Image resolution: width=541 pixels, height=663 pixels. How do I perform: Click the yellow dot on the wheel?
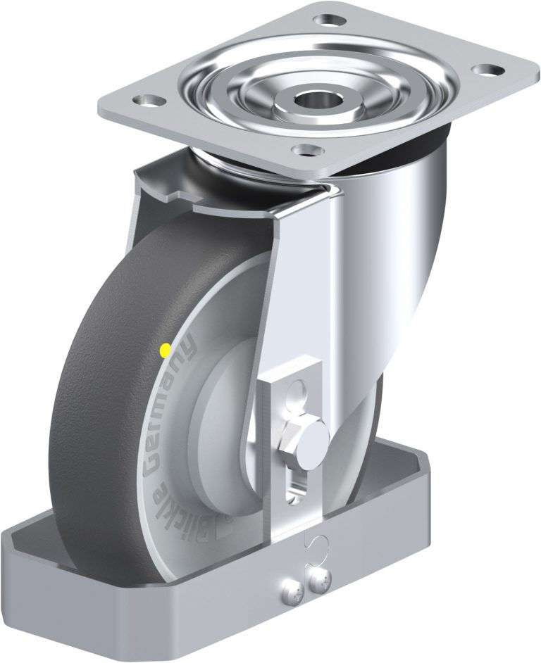[x=165, y=348]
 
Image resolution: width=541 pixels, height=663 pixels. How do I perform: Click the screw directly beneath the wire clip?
[x=321, y=580]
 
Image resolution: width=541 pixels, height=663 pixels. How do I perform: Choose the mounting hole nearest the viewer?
[x=305, y=151]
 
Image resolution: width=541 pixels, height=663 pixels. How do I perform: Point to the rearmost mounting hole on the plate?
[x=326, y=18]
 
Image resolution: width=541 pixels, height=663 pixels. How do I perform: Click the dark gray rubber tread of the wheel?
[x=92, y=394]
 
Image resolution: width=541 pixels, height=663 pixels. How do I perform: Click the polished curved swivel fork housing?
[x=394, y=253]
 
